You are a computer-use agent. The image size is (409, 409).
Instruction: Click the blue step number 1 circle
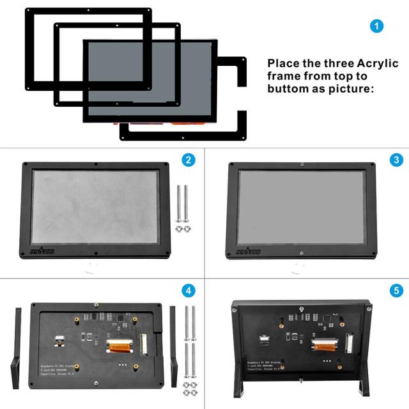pos(378,26)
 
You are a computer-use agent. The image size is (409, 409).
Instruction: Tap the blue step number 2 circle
pos(188,160)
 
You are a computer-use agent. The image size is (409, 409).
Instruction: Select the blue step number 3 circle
pos(396,160)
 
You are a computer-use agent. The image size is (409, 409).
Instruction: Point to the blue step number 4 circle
pos(188,291)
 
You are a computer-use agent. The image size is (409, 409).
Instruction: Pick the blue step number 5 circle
pos(396,291)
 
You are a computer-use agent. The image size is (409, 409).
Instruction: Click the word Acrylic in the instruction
pos(377,64)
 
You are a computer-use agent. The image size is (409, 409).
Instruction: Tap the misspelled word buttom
pos(288,88)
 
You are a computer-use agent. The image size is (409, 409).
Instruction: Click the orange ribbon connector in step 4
pos(118,349)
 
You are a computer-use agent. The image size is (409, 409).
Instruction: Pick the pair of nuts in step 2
pos(183,228)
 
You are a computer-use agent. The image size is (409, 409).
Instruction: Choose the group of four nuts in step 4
pos(190,391)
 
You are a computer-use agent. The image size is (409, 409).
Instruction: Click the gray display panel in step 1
pos(150,80)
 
